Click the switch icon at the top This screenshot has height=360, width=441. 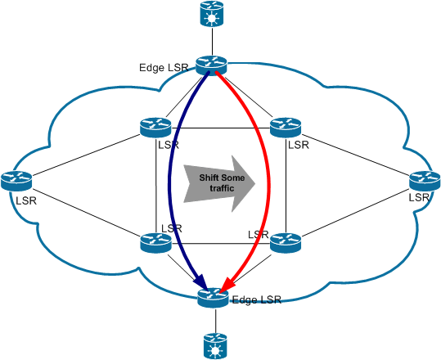click(x=212, y=14)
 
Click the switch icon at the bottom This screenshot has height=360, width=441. click(x=215, y=345)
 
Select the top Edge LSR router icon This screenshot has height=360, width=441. click(x=211, y=65)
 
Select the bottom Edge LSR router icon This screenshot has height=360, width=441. click(x=213, y=298)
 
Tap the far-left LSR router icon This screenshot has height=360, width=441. click(x=16, y=181)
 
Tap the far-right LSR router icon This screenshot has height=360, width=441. click(x=425, y=181)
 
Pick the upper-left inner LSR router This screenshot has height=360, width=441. click(x=155, y=128)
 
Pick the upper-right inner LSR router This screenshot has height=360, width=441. click(x=286, y=128)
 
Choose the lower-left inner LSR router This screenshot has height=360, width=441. click(x=155, y=243)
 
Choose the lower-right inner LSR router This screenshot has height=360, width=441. click(x=286, y=243)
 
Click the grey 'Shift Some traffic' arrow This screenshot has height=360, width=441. click(x=219, y=183)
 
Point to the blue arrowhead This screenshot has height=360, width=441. click(x=201, y=282)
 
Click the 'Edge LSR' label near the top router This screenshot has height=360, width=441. click(x=164, y=68)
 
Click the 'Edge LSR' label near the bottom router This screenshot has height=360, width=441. click(x=257, y=299)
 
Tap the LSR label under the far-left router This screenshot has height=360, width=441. click(x=26, y=200)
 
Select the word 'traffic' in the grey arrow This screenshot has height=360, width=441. click(x=222, y=188)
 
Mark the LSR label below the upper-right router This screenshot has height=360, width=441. click(x=299, y=145)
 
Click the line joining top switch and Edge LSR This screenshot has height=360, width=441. click(x=212, y=42)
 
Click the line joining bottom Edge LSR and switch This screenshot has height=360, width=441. click(x=216, y=321)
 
